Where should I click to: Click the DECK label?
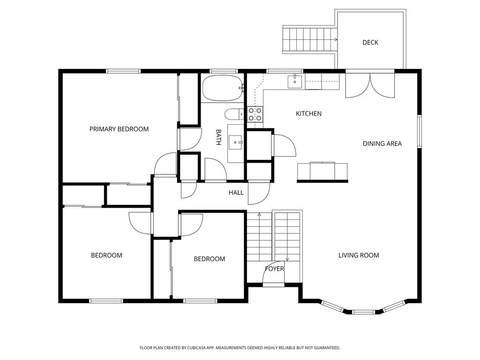point(370,43)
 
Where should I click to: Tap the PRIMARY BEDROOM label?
point(119,129)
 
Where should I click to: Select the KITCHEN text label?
point(308,113)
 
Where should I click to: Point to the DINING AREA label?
point(382,143)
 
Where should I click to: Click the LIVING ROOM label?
point(359,255)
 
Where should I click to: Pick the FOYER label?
point(274,269)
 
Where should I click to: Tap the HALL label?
point(236,192)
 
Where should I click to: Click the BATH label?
point(218,137)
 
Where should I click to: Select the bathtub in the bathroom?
point(222,88)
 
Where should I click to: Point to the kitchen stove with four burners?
point(255,114)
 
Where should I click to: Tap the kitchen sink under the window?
point(295,81)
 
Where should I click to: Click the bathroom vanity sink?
point(235,142)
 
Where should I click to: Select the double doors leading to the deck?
point(370,85)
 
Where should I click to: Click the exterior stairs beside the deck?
point(310,40)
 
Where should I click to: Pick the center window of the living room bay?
point(363,311)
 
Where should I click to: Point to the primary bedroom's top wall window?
point(123,71)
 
